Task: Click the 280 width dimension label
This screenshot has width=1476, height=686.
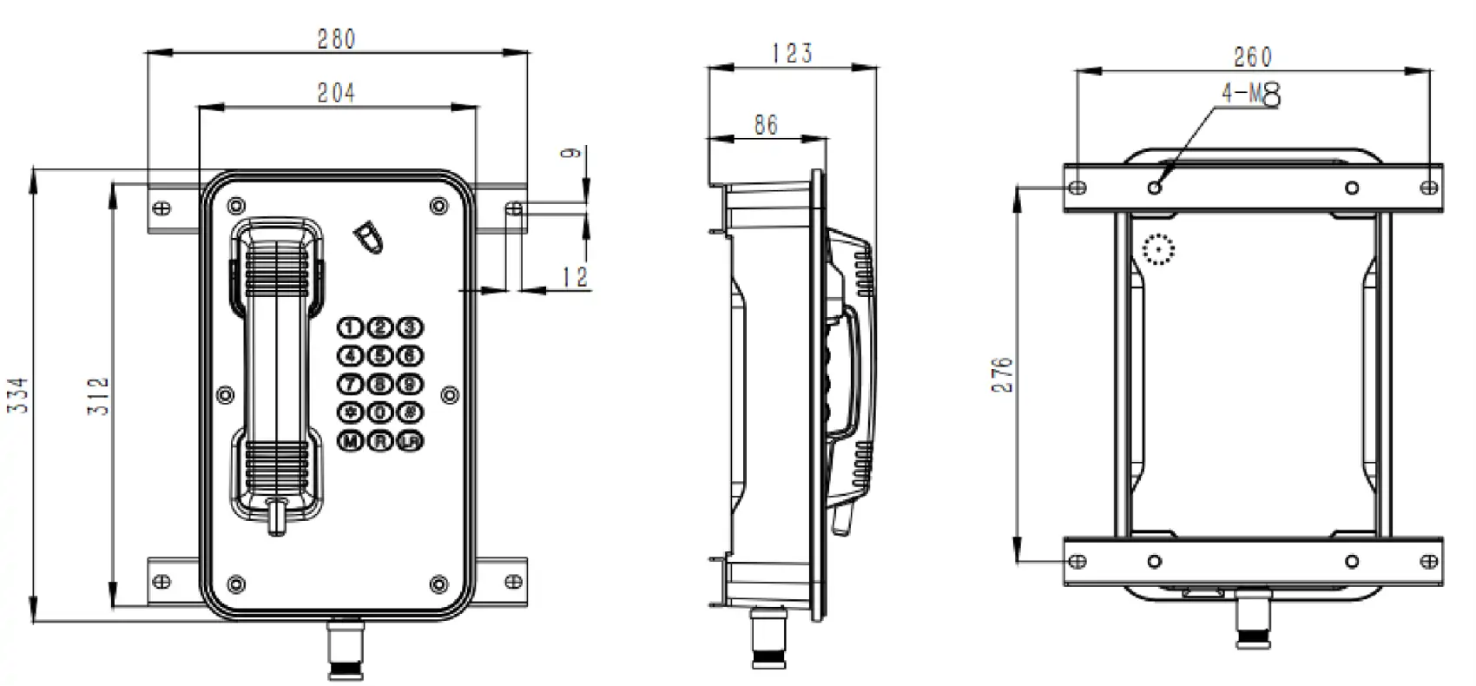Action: pos(336,39)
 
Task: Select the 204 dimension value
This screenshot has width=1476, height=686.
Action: pos(336,93)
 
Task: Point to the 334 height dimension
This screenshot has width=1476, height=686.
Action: pos(19,395)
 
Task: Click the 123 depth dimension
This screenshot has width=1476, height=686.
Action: pos(792,54)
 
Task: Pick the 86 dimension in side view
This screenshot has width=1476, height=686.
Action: pos(766,125)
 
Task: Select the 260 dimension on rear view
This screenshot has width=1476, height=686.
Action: pos(1253,57)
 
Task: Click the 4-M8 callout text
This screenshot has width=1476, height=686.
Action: pos(1251,94)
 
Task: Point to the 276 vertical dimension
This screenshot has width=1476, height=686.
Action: pos(1003,374)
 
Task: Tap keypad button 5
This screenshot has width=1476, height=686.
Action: pos(380,356)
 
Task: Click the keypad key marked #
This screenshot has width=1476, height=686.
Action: pos(410,412)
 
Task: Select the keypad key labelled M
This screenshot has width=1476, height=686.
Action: pos(350,441)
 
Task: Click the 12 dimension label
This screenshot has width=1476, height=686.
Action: pos(576,277)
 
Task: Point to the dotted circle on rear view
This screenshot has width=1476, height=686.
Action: pos(1158,250)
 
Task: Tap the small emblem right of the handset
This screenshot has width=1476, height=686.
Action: pos(369,236)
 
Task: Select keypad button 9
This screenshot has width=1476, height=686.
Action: pos(410,384)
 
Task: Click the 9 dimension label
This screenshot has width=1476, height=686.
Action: pos(570,153)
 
